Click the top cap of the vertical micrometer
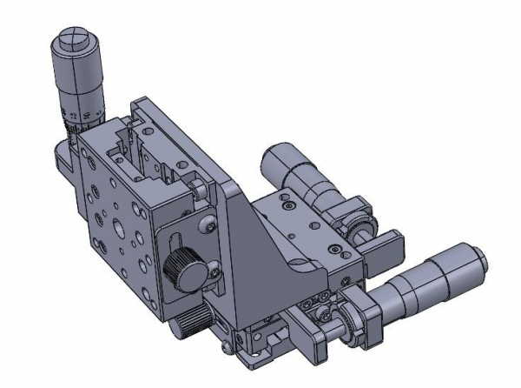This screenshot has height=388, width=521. [x=69, y=42]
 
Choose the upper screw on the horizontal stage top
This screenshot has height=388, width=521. [x=283, y=207]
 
